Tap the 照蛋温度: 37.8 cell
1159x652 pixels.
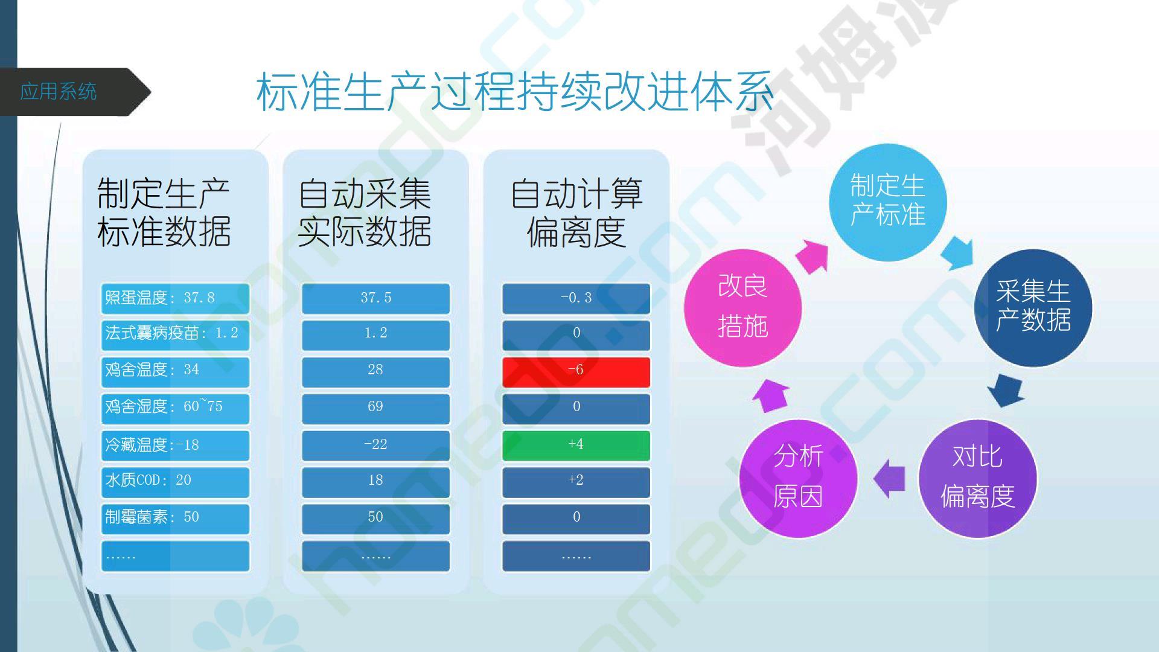[x=175, y=298]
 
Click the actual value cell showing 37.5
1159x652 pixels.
[x=375, y=298]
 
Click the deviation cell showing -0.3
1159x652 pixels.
[x=576, y=298]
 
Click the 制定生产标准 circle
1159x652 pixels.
[x=887, y=202]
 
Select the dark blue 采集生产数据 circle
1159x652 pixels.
[x=1033, y=308]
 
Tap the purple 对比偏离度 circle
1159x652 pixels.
[x=977, y=479]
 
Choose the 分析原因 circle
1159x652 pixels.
[x=798, y=479]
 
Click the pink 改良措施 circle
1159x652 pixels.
[x=742, y=308]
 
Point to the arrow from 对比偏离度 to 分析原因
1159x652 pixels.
[x=889, y=479]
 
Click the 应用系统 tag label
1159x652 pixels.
[x=58, y=92]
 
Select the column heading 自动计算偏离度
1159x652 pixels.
[x=576, y=213]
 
